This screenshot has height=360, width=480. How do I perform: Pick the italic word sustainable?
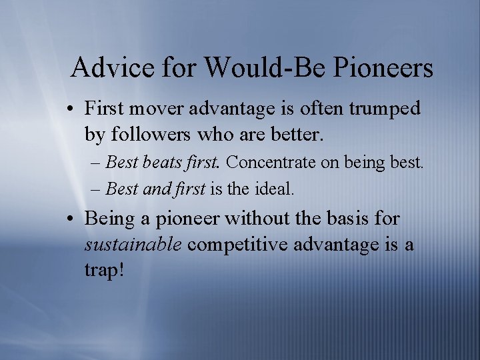[133, 245]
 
